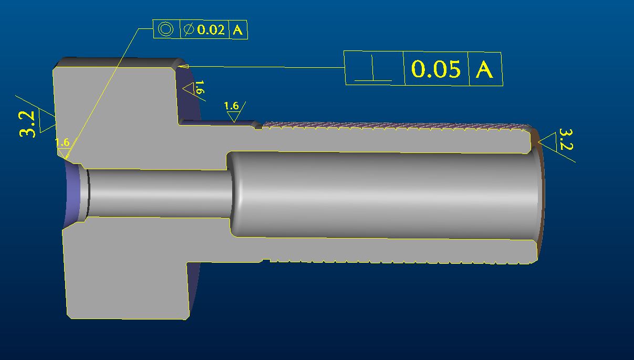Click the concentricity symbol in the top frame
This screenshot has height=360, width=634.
point(165,29)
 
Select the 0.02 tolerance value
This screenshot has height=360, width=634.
point(211,29)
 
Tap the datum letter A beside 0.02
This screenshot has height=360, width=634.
point(238,30)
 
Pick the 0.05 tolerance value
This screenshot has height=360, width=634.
point(436,69)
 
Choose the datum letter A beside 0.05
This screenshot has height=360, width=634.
point(484,69)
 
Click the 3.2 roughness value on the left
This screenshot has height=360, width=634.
point(27,124)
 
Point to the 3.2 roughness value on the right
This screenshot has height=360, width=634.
point(566,139)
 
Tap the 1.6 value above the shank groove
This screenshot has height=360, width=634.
point(231,106)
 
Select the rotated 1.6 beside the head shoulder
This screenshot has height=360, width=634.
point(200,87)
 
